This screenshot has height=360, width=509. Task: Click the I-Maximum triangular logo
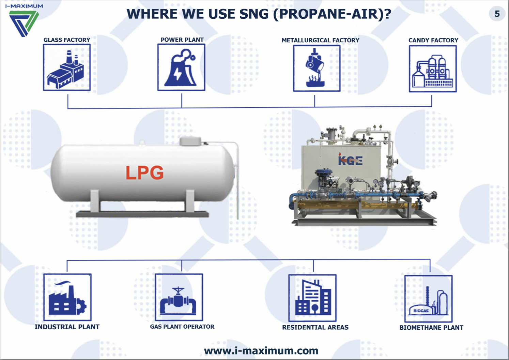coord(24,24)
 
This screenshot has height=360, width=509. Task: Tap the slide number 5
coord(497,14)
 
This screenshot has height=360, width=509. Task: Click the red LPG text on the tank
coord(145,172)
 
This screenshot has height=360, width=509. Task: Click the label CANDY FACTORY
coord(433,40)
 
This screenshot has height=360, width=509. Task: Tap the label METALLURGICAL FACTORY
coord(320,40)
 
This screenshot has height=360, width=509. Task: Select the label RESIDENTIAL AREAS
coord(315,327)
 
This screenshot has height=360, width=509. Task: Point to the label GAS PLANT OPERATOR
coord(182,327)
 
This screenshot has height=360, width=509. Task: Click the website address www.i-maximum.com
coord(261,350)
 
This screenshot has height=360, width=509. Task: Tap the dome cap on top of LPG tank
coord(190,141)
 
